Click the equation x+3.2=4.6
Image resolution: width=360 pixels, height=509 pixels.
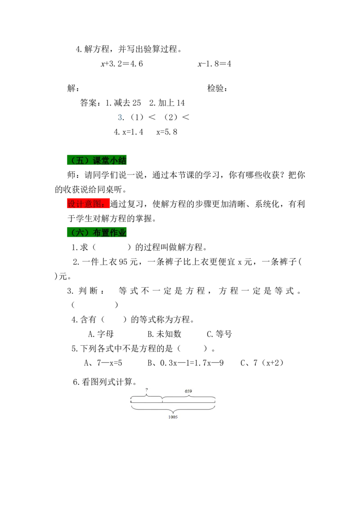click(x=122, y=64)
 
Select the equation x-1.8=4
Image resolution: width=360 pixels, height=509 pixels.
click(x=215, y=64)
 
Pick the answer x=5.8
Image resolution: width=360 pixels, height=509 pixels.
click(x=166, y=132)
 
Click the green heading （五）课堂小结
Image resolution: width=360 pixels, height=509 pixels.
click(x=97, y=161)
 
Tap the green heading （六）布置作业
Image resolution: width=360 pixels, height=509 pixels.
click(x=97, y=232)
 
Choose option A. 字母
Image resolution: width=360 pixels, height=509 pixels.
click(x=101, y=334)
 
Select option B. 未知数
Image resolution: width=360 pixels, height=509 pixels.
click(x=164, y=334)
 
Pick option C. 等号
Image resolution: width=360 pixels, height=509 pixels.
click(x=219, y=334)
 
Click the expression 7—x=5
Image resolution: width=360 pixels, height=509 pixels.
click(x=109, y=363)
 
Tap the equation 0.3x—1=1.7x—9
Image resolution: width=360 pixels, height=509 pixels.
click(x=192, y=363)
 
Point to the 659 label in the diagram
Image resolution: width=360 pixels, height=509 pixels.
click(x=189, y=391)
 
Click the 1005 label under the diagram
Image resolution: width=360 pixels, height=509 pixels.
click(x=173, y=417)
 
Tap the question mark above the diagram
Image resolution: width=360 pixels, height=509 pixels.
click(x=147, y=389)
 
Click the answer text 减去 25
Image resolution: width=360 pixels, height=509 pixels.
click(x=127, y=103)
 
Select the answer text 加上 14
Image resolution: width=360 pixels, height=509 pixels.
click(x=171, y=103)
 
